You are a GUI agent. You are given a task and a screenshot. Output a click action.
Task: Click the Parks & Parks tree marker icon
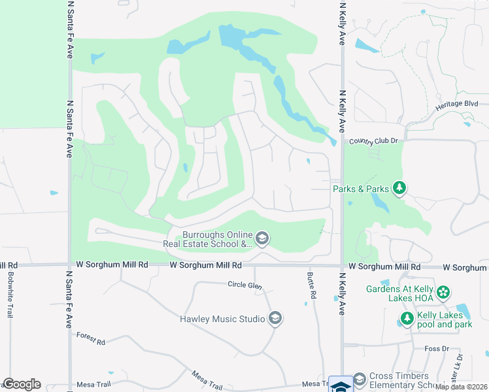(x=399, y=189)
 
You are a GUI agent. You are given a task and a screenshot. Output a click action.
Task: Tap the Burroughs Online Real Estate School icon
(x=261, y=238)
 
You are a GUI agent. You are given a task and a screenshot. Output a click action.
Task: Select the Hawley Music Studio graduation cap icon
(x=275, y=318)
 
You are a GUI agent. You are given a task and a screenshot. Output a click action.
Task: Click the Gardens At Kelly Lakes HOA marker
(x=444, y=292)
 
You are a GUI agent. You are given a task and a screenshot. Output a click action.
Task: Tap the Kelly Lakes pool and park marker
(x=407, y=319)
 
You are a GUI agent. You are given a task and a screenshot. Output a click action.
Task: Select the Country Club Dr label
(x=373, y=141)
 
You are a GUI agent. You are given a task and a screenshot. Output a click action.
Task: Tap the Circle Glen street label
(x=244, y=284)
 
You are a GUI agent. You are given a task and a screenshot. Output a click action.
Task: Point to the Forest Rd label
(x=90, y=338)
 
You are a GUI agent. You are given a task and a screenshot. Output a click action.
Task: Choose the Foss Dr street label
(x=436, y=349)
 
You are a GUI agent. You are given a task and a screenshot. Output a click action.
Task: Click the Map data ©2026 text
(x=462, y=387)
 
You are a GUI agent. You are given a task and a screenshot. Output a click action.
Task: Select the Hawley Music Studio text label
(x=222, y=319)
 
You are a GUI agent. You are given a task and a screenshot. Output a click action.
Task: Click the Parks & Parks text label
(x=361, y=189)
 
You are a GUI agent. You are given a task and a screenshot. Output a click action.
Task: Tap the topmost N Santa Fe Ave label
(x=69, y=30)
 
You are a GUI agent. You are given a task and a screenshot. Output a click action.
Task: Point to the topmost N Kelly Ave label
(x=342, y=22)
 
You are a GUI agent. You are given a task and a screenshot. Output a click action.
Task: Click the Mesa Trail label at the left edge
(x=90, y=384)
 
